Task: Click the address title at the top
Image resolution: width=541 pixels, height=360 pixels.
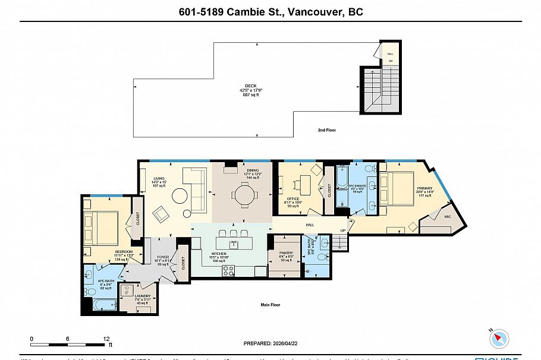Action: [x=270, y=12]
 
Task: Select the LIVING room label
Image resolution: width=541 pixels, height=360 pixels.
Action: [x=159, y=178]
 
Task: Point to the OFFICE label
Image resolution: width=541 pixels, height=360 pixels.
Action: [x=292, y=198]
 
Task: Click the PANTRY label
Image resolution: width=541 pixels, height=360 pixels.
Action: [x=285, y=252]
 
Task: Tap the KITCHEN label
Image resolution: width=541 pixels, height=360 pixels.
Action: [x=218, y=253]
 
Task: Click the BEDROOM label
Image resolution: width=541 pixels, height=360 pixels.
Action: [x=123, y=251]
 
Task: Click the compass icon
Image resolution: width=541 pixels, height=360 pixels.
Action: [x=499, y=339]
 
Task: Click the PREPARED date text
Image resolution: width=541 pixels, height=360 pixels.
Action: [x=270, y=343]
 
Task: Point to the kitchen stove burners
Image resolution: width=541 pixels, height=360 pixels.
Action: [x=229, y=270]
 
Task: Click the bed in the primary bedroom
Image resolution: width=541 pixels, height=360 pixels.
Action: [x=396, y=187]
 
